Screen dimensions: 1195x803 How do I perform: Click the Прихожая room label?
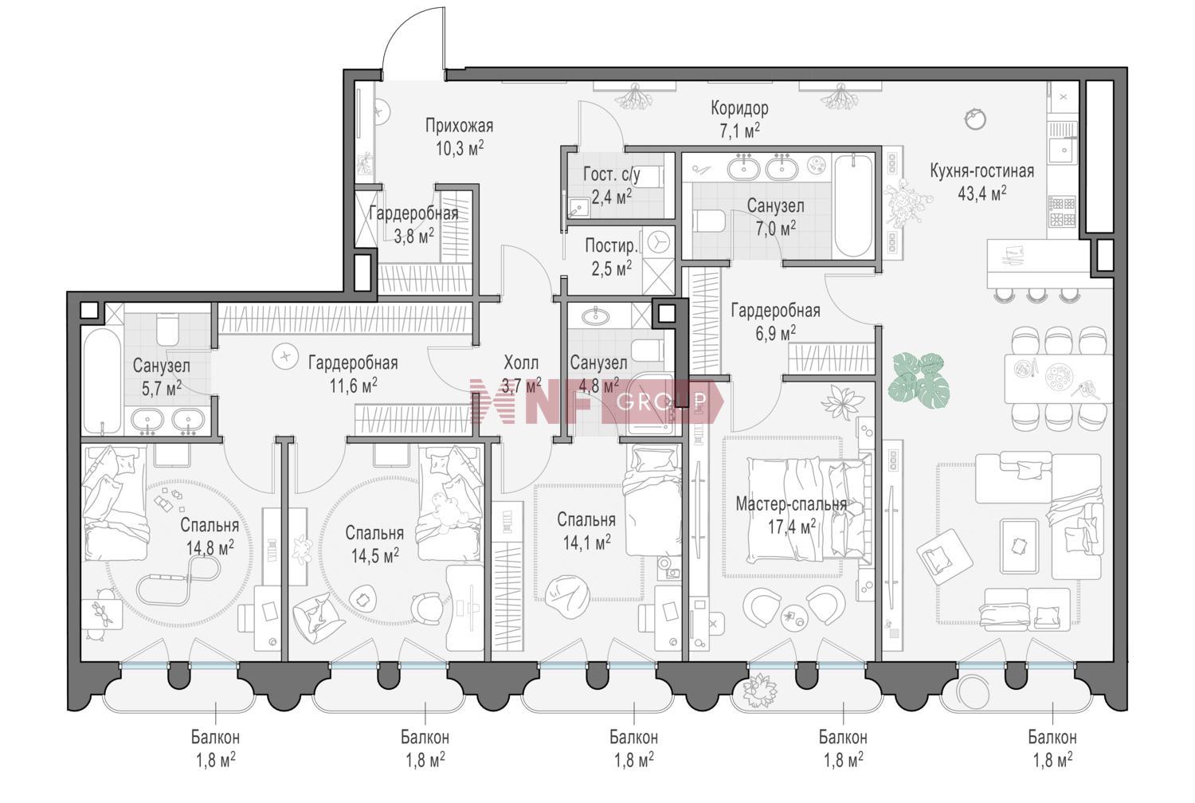[459, 126]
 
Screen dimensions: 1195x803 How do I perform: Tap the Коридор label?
[739, 108]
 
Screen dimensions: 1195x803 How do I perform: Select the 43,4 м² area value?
[981, 193]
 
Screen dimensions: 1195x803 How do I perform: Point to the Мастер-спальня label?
[791, 503]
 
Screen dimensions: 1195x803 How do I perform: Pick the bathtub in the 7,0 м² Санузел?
[853, 206]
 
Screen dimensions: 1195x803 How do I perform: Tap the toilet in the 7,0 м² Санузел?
[708, 221]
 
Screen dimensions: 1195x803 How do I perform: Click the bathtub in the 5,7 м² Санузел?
[103, 381]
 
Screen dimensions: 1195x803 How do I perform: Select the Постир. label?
[611, 246]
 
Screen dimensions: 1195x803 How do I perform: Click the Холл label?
[521, 363]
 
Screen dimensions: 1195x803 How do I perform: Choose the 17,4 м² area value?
[792, 527]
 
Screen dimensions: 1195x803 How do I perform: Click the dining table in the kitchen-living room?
[1058, 378]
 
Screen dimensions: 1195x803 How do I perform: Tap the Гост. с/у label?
[612, 174]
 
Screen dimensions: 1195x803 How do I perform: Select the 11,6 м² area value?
[353, 386]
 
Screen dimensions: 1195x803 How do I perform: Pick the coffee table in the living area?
[1020, 544]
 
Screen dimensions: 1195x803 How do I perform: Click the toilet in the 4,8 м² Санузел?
[647, 351]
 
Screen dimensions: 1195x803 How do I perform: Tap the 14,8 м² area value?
[210, 548]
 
